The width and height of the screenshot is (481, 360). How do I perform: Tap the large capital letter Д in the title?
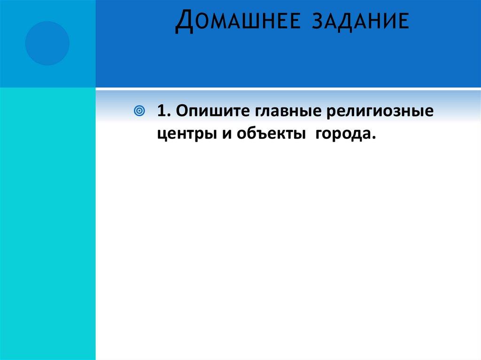click(183, 23)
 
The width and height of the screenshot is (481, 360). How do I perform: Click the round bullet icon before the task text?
click(139, 112)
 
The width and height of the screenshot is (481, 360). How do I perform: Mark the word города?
click(343, 134)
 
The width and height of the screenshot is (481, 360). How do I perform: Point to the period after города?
click(374, 138)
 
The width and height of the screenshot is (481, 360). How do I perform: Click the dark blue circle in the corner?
click(47, 43)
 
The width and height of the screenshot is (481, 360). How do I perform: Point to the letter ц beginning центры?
click(161, 135)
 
